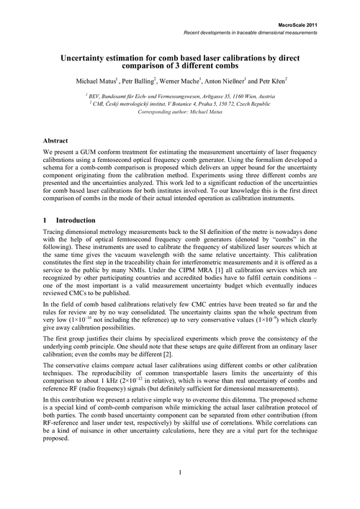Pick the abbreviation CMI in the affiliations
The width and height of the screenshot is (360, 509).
coord(99,104)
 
